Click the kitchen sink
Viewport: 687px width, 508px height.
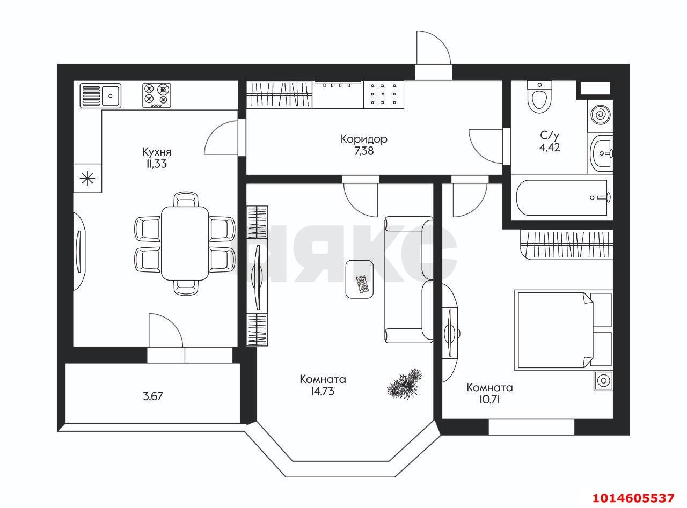(x=100, y=95)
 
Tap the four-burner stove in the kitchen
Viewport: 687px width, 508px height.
(x=157, y=95)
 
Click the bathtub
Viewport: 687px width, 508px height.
(x=562, y=197)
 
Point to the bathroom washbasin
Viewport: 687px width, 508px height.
(x=602, y=153)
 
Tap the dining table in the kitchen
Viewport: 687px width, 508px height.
(x=185, y=243)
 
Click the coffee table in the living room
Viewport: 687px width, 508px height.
(x=359, y=279)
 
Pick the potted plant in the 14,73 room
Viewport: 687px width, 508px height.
(x=405, y=384)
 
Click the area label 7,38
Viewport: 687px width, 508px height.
(x=364, y=151)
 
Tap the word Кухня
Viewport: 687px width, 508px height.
(x=157, y=152)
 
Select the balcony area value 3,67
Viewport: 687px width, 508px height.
(x=153, y=396)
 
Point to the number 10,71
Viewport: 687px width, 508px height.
(x=490, y=400)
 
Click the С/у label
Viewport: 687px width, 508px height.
(x=550, y=135)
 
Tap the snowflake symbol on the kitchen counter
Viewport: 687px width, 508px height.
(x=87, y=179)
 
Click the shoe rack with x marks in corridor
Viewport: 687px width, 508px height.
(x=384, y=94)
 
